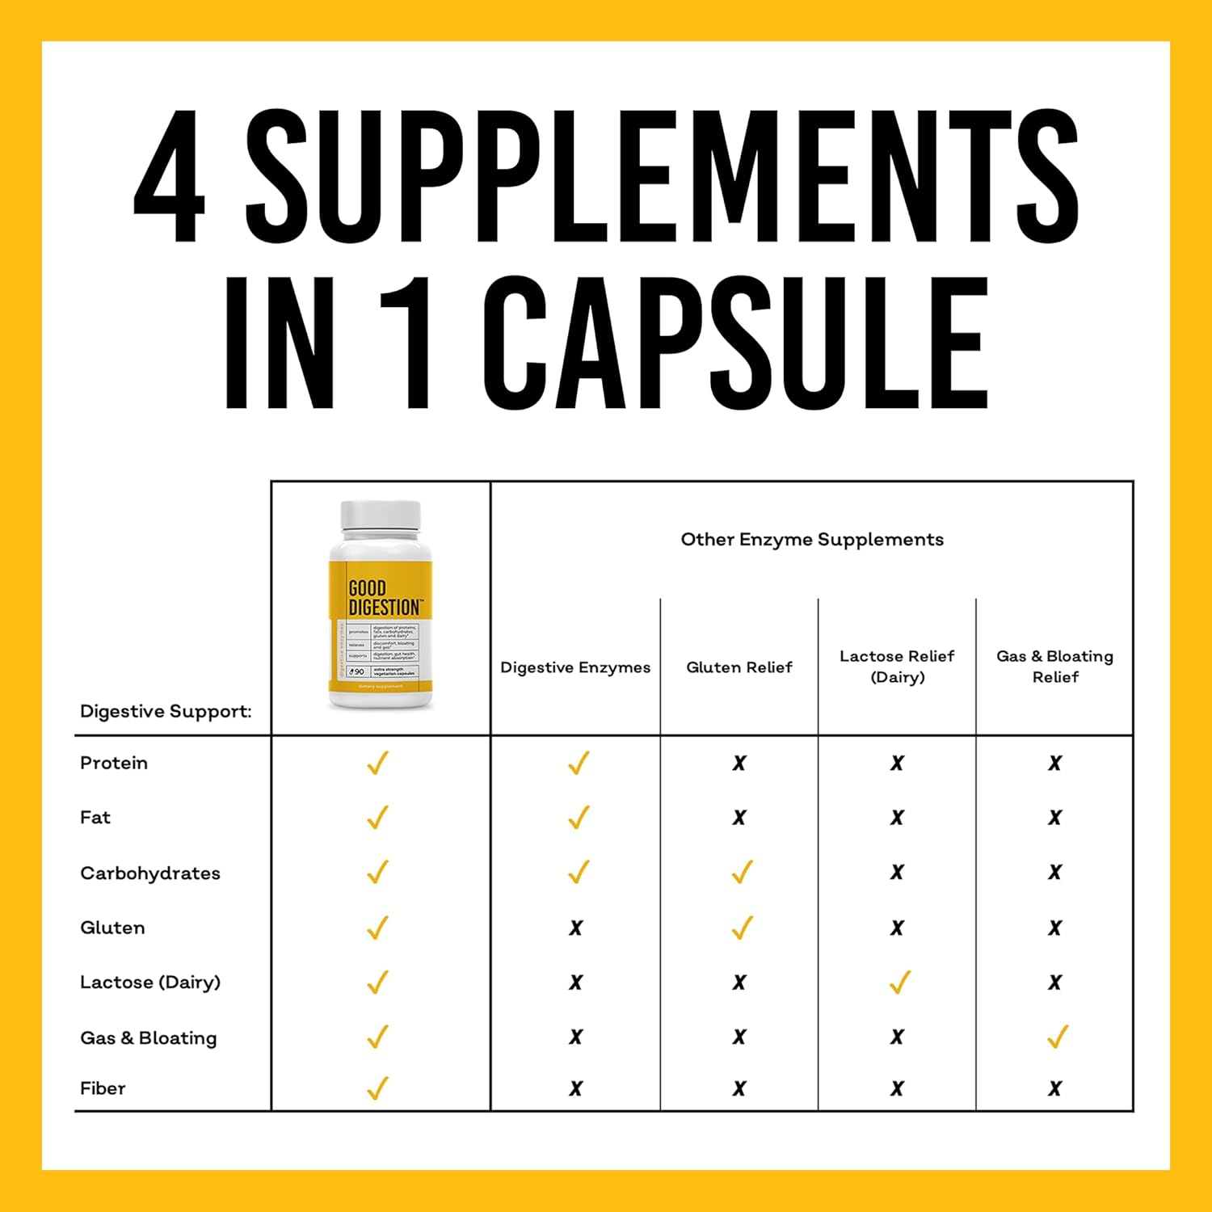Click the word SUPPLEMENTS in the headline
click(662, 176)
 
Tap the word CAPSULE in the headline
click(735, 343)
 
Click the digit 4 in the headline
click(169, 176)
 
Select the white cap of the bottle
click(381, 517)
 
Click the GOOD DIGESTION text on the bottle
click(383, 598)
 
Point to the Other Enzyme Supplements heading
click(812, 540)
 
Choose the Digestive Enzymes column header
click(575, 667)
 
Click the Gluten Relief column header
click(739, 667)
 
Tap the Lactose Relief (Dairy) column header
click(897, 667)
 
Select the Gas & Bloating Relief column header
click(1054, 667)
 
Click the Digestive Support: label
click(166, 712)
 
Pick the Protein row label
click(114, 763)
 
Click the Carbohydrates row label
click(150, 873)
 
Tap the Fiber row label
click(103, 1088)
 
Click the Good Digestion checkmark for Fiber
click(377, 1088)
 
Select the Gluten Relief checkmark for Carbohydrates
click(741, 872)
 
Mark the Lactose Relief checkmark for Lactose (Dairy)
click(899, 982)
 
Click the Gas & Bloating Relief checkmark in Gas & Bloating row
click(1057, 1036)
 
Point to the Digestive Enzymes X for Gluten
click(575, 928)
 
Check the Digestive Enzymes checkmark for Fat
click(578, 817)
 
